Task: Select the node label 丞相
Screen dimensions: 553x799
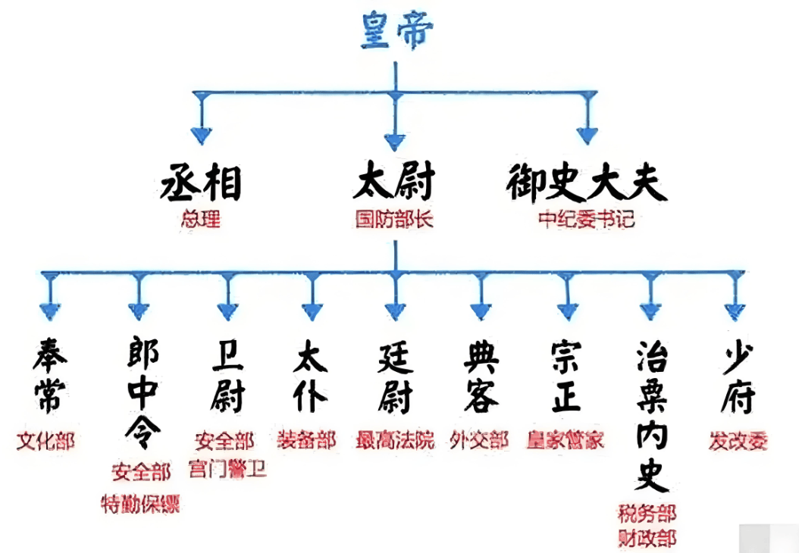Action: [x=201, y=184]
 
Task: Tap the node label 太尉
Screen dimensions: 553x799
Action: [x=394, y=184]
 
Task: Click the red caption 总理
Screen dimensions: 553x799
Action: [x=201, y=220]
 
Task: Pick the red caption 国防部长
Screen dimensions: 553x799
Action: [x=394, y=220]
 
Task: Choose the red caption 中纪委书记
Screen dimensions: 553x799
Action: [x=586, y=220]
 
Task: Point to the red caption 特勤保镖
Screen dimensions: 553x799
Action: [x=141, y=504]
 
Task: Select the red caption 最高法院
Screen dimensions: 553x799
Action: [x=395, y=441]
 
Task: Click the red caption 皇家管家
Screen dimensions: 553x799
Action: [x=566, y=441]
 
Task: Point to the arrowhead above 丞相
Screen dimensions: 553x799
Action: [x=201, y=135]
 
